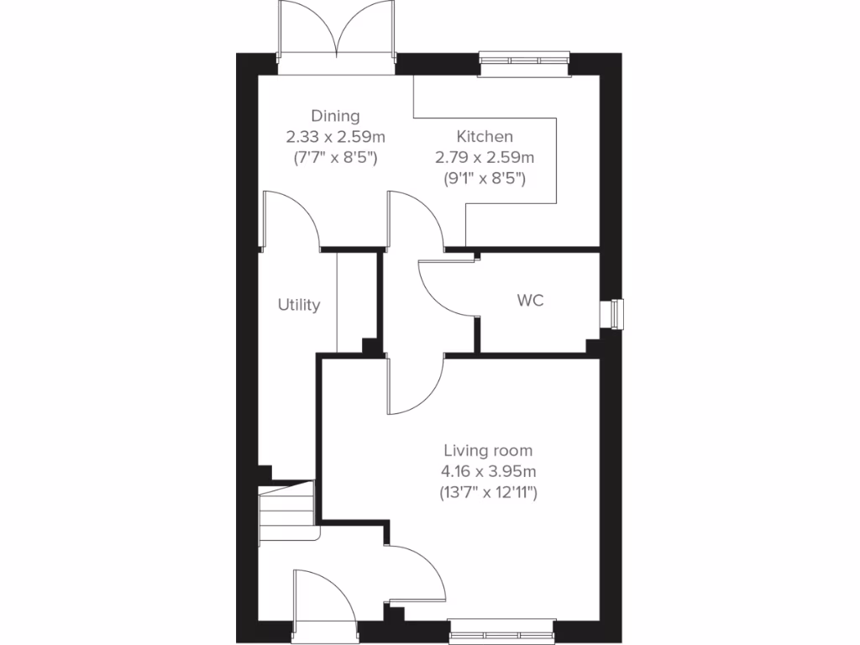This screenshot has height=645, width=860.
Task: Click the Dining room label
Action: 335,116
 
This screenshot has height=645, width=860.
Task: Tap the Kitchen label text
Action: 485,136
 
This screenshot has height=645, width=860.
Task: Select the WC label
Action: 531,300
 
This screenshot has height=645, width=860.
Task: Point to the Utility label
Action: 299,305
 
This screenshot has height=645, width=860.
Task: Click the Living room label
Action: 488,451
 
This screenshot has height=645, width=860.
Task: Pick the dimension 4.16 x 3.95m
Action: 488,471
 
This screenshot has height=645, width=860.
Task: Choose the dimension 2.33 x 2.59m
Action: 335,136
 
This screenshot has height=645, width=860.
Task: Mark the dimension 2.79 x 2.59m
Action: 485,157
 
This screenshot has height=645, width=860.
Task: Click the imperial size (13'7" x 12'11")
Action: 488,492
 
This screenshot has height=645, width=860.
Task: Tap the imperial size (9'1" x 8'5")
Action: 485,177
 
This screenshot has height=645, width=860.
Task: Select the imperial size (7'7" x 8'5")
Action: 335,157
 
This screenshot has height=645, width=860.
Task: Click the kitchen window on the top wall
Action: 525,60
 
